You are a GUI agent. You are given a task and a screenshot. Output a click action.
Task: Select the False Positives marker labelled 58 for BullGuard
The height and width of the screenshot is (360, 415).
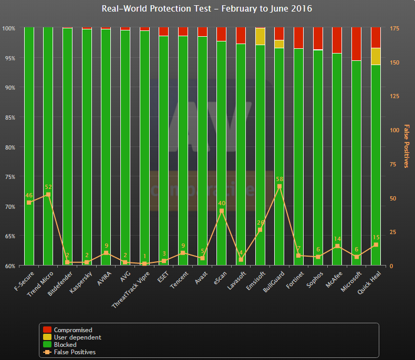[x=279, y=186]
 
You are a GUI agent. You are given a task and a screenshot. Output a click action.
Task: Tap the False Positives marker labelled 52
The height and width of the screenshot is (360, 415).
[x=48, y=194]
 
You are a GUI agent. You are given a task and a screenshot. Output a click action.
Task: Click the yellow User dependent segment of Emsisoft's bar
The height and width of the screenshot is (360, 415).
[x=260, y=36]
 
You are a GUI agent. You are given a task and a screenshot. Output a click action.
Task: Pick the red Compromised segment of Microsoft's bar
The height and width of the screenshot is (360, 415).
[x=356, y=44]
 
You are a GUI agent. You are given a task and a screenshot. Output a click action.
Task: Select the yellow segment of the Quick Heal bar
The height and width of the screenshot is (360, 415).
[x=376, y=56]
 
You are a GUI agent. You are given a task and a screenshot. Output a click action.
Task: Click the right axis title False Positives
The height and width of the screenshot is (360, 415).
[x=406, y=146]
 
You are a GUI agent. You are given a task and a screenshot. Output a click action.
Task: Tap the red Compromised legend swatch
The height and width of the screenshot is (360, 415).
[x=47, y=330]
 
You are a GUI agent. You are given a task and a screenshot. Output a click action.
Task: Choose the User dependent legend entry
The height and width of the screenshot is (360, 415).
[x=77, y=337]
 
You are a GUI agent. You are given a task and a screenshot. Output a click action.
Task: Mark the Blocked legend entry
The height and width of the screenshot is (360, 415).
[x=65, y=345]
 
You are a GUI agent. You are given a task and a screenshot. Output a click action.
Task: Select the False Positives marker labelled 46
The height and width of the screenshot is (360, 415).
[x=29, y=202]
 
